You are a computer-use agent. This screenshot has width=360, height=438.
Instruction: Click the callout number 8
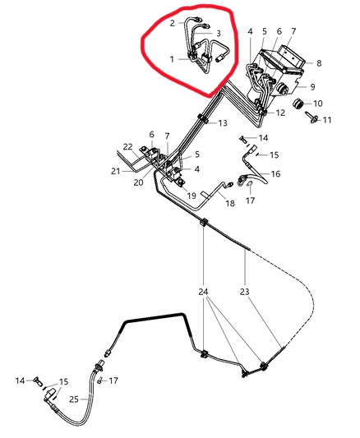[319, 63]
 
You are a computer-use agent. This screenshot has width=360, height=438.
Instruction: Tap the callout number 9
[312, 87]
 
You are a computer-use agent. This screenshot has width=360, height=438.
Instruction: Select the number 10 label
[318, 104]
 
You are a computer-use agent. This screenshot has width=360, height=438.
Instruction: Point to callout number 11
[327, 120]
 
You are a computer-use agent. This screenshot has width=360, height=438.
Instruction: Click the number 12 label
[280, 113]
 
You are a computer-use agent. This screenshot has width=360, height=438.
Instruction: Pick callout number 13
[223, 123]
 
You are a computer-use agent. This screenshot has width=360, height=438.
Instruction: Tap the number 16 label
[275, 174]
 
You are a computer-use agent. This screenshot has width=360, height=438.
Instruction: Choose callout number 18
[230, 203]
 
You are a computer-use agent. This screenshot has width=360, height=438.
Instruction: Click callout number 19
[192, 196]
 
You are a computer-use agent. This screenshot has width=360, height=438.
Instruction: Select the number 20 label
[139, 182]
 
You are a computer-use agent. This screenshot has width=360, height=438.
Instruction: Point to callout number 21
[115, 171]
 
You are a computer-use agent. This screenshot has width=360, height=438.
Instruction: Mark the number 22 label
[128, 146]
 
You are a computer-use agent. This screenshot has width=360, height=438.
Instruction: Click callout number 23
[244, 292]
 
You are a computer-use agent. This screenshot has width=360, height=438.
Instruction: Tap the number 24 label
[203, 292]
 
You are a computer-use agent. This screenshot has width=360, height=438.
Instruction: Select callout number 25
[74, 399]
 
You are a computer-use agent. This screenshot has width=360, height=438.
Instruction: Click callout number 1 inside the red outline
[172, 59]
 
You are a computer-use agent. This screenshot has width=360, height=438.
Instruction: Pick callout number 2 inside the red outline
[173, 23]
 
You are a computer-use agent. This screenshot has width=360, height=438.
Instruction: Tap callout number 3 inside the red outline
[219, 34]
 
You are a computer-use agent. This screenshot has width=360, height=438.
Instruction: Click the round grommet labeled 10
[298, 104]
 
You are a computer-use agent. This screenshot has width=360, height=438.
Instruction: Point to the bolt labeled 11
[312, 118]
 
